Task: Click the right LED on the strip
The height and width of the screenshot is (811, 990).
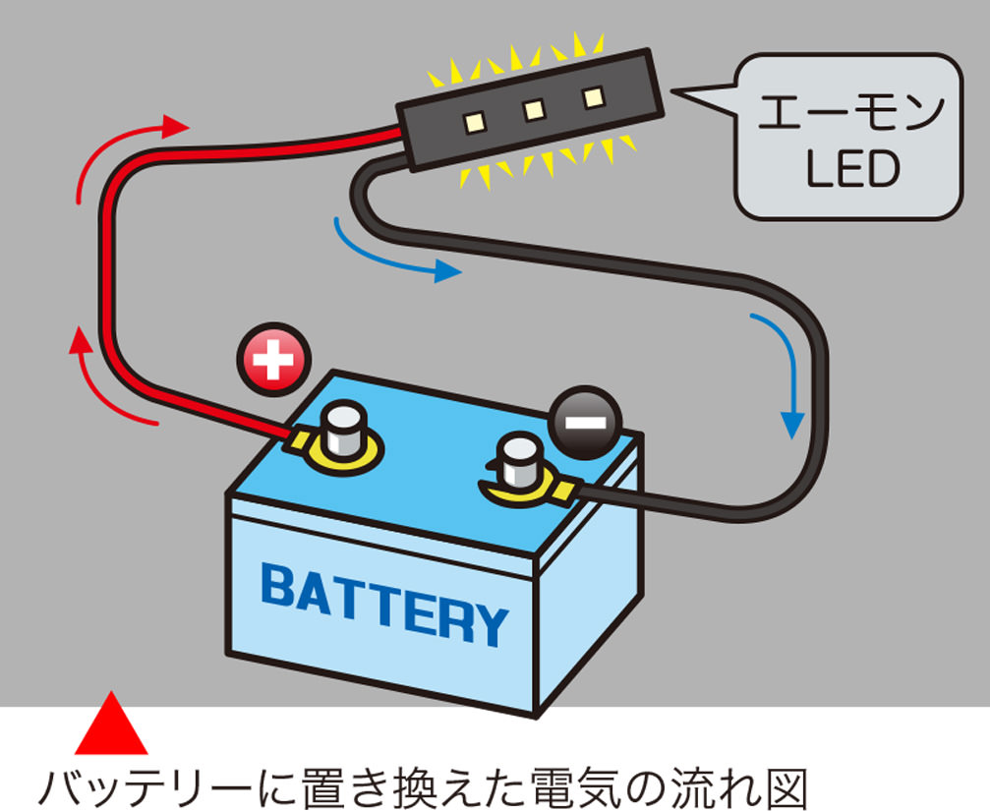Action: pyautogui.click(x=592, y=97)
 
